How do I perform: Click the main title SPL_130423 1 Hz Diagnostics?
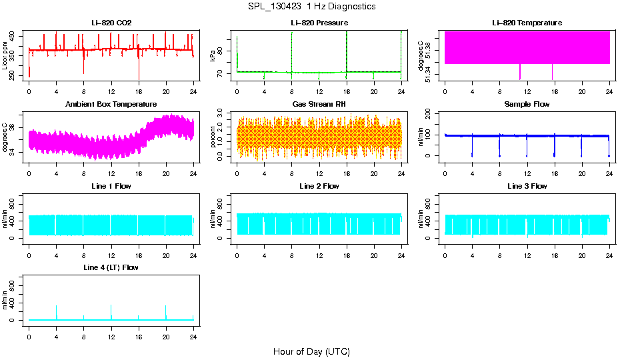click(311, 6)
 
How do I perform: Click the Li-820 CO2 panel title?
click(111, 23)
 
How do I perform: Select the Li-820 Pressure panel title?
click(319, 23)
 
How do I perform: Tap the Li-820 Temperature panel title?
click(527, 23)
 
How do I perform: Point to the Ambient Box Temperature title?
click(111, 105)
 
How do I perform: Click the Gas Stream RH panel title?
click(319, 105)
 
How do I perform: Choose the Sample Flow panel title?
click(527, 105)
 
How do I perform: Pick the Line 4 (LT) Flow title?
click(111, 267)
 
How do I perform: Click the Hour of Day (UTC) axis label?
click(311, 351)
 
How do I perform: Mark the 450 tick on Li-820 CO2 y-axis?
click(15, 35)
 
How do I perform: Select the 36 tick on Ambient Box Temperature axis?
click(15, 127)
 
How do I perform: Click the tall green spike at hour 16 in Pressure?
click(347, 50)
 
